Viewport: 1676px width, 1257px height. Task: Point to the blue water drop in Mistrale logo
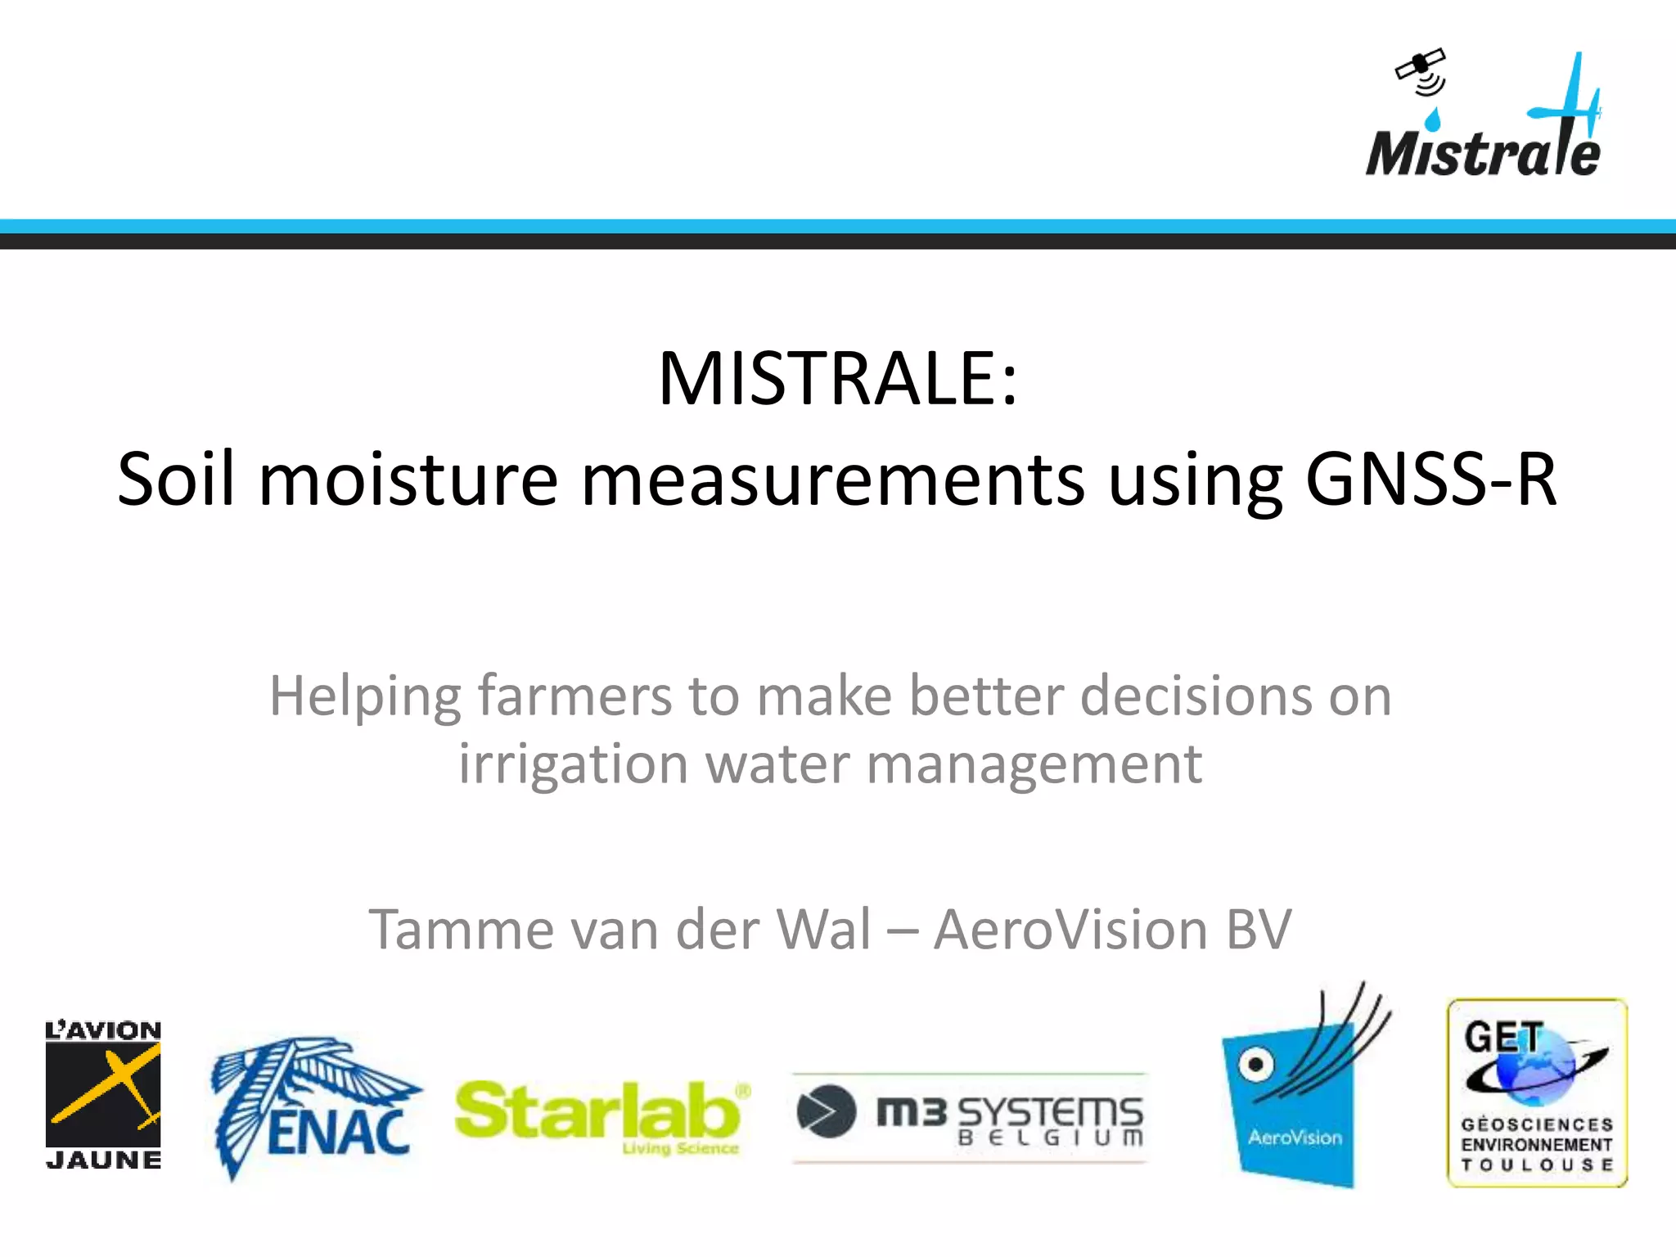pyautogui.click(x=1433, y=119)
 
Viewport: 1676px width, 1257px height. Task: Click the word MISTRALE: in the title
pyautogui.click(x=837, y=379)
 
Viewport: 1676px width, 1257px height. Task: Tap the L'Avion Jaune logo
pyautogui.click(x=103, y=1095)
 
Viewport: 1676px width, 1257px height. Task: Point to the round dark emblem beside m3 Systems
pyautogui.click(x=826, y=1111)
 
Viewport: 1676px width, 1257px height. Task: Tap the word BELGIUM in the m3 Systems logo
pyautogui.click(x=1050, y=1138)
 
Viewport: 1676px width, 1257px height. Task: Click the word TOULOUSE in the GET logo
pyautogui.click(x=1537, y=1165)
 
